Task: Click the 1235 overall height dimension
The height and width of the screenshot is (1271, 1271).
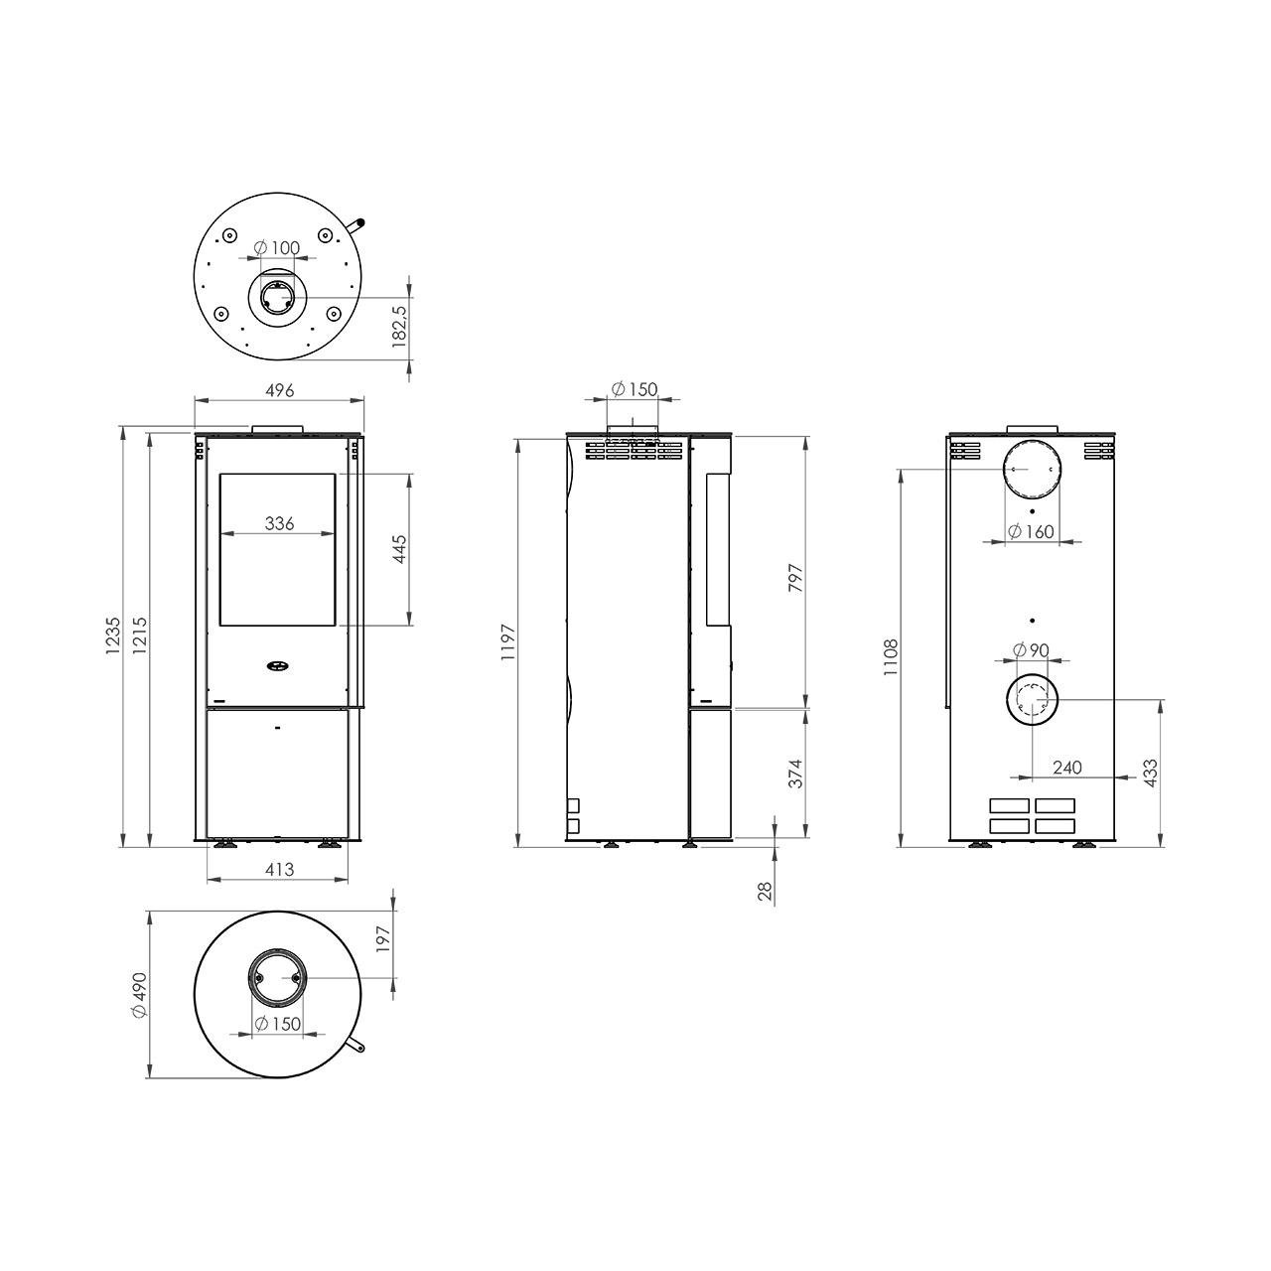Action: click(x=113, y=635)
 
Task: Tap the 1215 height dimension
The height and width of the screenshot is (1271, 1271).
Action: click(x=139, y=635)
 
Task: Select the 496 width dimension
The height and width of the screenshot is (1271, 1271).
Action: click(x=280, y=390)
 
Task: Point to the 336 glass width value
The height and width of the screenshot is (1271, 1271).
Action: click(x=279, y=523)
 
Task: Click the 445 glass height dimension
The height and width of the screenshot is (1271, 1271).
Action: click(x=400, y=549)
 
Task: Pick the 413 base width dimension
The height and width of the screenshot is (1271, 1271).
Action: click(x=280, y=869)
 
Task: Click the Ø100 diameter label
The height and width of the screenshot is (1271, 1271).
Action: click(x=277, y=248)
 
